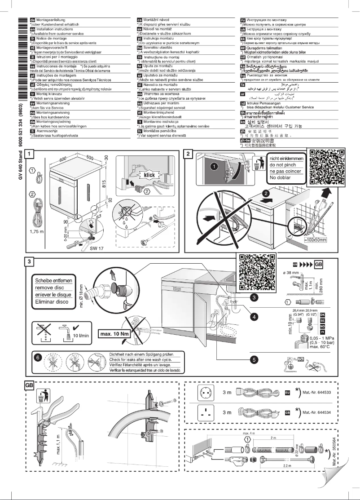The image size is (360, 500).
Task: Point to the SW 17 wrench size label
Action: [x=96, y=247]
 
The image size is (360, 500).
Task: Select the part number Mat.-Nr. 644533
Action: [x=317, y=392]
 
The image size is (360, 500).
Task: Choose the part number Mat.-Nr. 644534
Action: [x=317, y=412]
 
